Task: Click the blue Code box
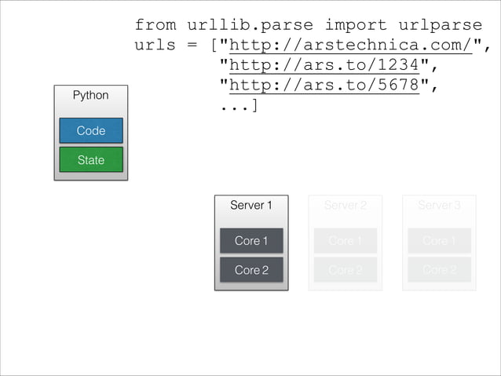point(90,130)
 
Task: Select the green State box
point(90,160)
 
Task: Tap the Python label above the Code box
point(90,95)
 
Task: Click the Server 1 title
point(251,205)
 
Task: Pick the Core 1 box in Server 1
point(251,241)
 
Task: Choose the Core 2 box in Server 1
point(251,270)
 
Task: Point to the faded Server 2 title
point(345,205)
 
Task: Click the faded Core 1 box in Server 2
point(345,241)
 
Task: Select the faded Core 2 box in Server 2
point(345,270)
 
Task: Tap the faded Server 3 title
point(439,205)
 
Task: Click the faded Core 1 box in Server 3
point(439,241)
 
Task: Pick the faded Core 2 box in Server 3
point(439,270)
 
